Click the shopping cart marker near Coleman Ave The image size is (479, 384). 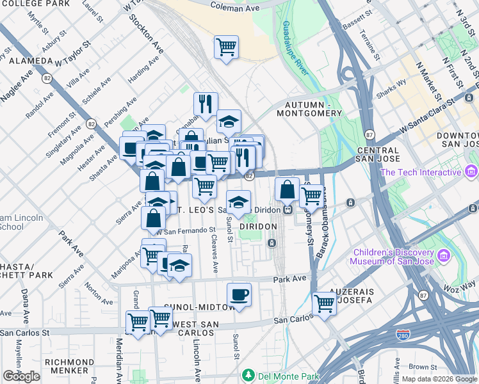[x=226, y=47]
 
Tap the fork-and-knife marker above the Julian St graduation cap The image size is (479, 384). [x=206, y=104]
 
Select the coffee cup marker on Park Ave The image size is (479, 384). [x=239, y=295]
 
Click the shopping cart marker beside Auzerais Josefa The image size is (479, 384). [x=325, y=304]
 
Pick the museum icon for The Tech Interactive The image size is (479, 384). [x=472, y=172]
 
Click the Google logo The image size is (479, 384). [x=21, y=376]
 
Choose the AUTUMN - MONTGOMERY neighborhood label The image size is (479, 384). [x=310, y=109]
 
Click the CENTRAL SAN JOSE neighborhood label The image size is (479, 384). [x=369, y=154]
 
